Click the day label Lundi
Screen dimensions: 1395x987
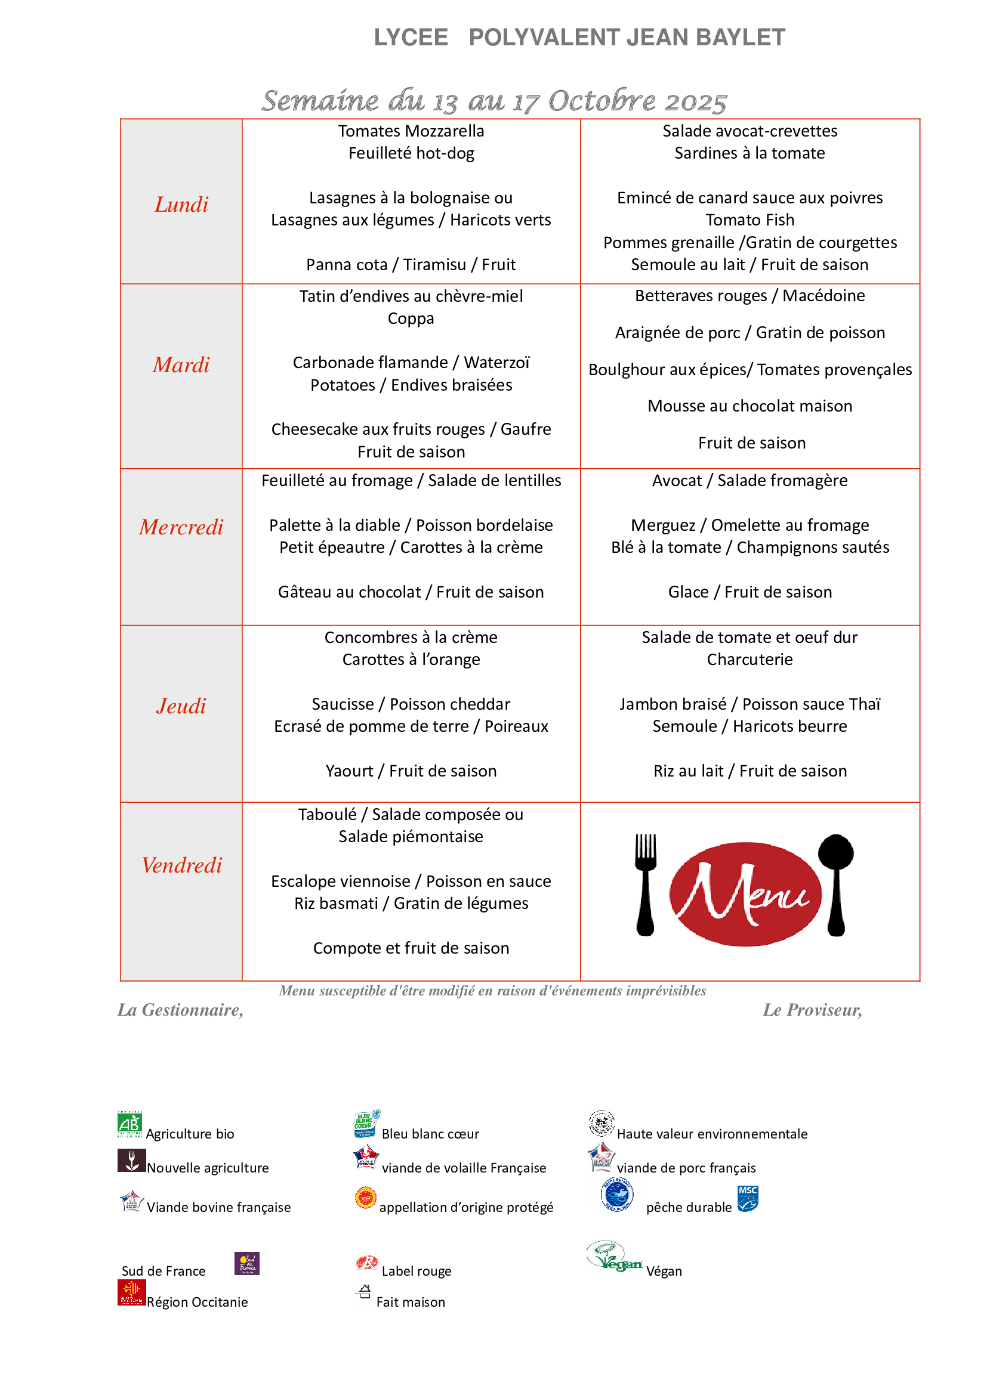(181, 205)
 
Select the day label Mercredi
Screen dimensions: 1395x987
(181, 527)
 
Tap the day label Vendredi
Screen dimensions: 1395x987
(182, 865)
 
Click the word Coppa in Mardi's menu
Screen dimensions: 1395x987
(411, 318)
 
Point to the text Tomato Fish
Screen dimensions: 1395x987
(749, 220)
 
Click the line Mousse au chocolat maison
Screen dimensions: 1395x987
(749, 406)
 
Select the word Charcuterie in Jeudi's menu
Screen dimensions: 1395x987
(749, 660)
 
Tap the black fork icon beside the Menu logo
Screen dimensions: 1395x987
(646, 884)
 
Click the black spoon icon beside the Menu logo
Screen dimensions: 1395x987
(836, 884)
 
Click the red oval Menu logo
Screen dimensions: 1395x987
(745, 894)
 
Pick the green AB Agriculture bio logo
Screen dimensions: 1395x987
(129, 1125)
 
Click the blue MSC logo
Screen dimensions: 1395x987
(748, 1199)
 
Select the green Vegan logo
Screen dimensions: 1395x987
(613, 1257)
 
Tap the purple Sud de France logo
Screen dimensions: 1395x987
(247, 1264)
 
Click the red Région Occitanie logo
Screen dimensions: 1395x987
(131, 1292)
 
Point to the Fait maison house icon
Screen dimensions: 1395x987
(364, 1292)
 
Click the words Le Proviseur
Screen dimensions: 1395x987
(812, 1010)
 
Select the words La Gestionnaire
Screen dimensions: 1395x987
(180, 1010)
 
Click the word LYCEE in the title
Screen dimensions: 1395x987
(411, 38)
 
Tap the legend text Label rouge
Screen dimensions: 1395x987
(417, 1271)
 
